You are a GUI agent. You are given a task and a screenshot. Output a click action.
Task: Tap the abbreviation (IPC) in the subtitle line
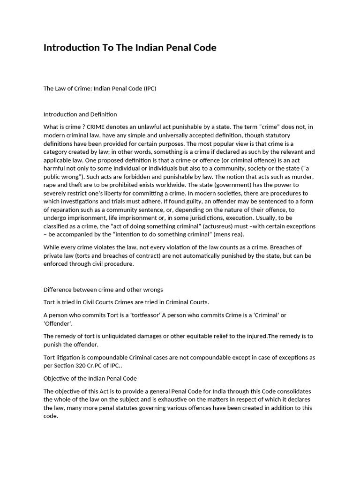147,89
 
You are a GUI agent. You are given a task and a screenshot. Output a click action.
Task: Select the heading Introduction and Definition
80,114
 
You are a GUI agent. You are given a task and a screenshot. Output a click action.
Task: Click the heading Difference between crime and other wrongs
103,289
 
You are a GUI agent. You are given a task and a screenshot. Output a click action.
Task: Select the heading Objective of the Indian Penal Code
90,378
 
